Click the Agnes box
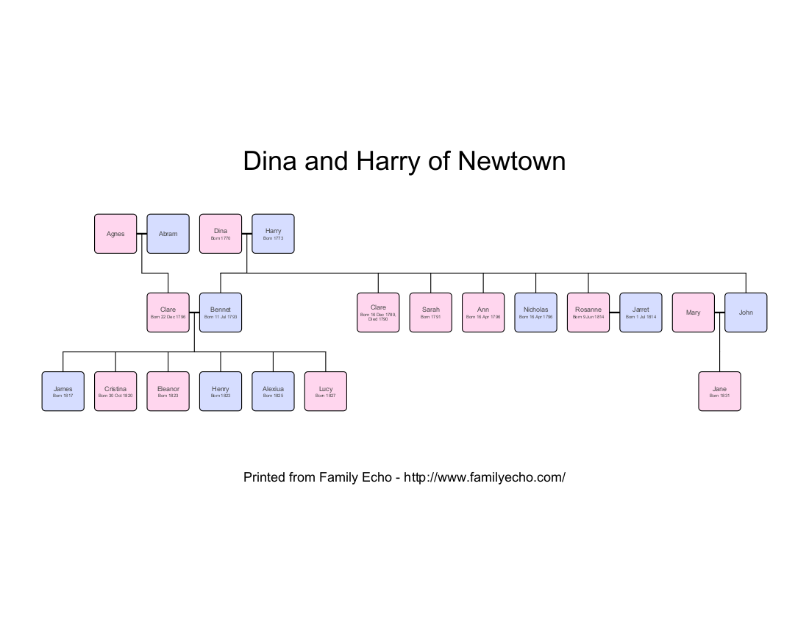(115, 234)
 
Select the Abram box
(168, 234)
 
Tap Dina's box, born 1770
(221, 234)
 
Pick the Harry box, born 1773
(273, 234)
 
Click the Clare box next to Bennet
(168, 312)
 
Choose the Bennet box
(221, 312)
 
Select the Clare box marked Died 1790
(378, 312)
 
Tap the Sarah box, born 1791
(430, 312)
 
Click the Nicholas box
(535, 312)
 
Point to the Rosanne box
(588, 312)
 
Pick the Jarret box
(641, 312)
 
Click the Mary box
(693, 312)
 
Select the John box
(746, 312)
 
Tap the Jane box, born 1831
(719, 391)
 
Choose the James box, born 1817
(63, 391)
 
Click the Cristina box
(115, 391)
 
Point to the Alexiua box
(273, 391)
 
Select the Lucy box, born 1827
(325, 391)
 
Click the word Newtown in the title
(512, 161)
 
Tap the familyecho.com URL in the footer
(485, 477)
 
